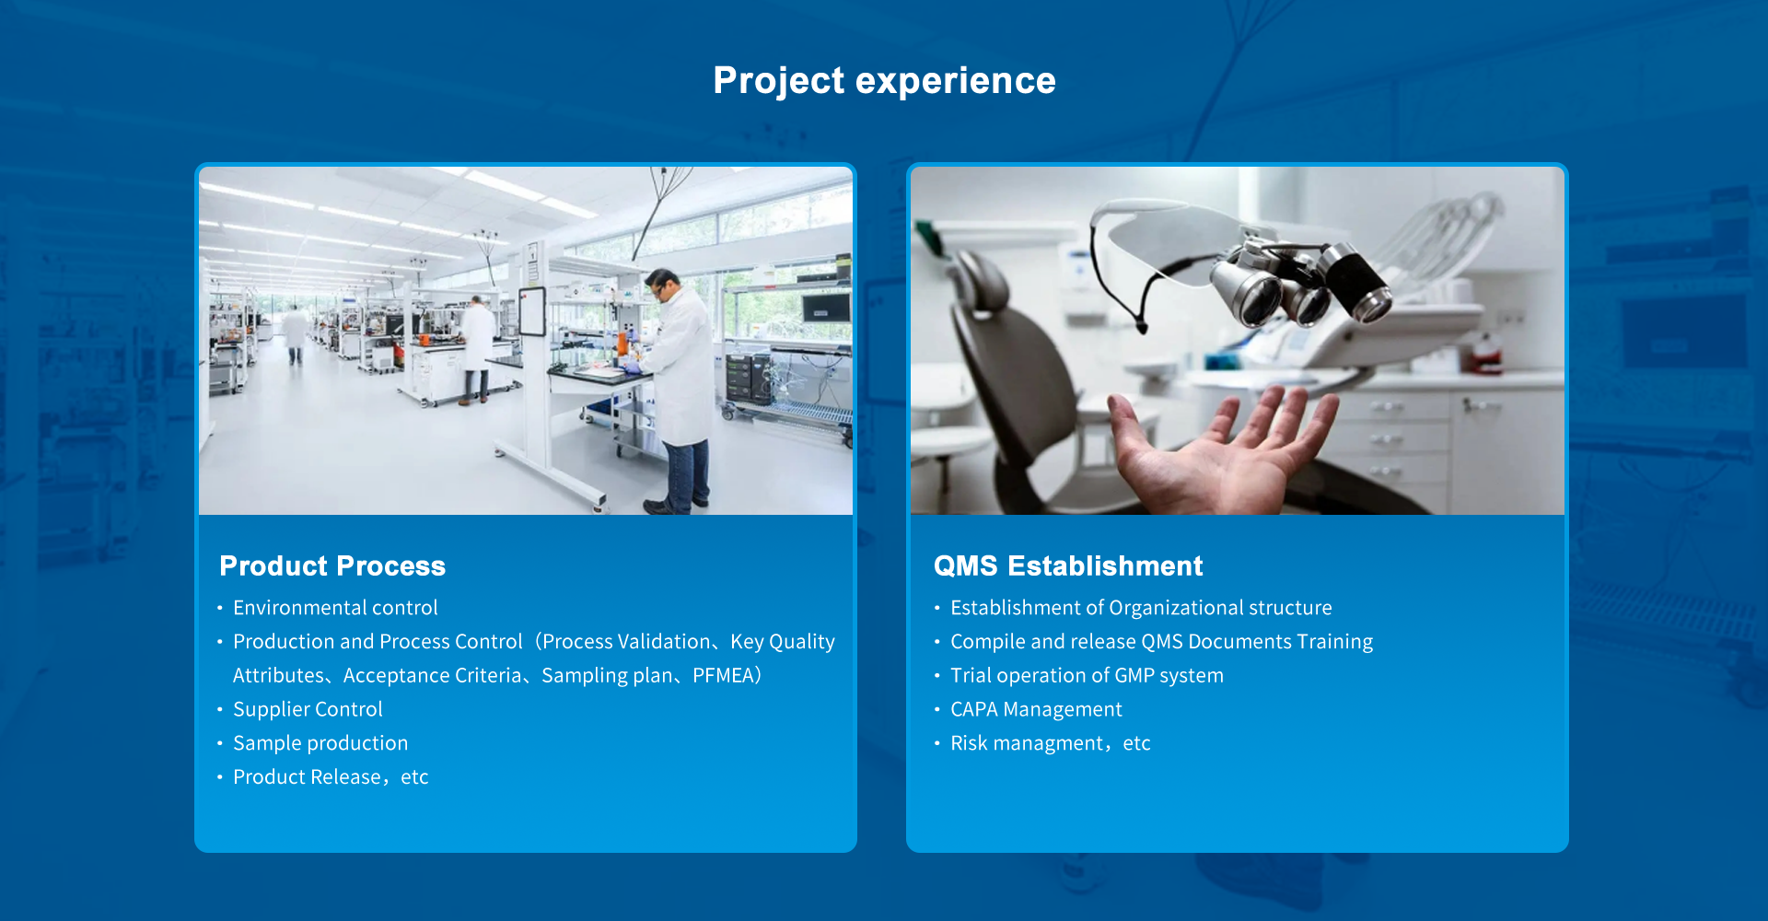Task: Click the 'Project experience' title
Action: (884, 81)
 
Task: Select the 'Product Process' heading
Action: (332, 565)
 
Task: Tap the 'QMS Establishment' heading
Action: (1068, 565)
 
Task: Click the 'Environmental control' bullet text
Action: (335, 608)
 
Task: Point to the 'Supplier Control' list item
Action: (308, 709)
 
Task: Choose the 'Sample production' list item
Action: (320, 743)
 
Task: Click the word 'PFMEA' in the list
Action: (724, 675)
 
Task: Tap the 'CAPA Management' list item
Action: (1036, 709)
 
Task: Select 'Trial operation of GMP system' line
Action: (1087, 675)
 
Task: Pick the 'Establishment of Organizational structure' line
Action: (1141, 608)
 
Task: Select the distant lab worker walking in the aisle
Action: (295, 333)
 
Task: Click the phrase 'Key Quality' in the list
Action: (783, 642)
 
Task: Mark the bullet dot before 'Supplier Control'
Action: (220, 709)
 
